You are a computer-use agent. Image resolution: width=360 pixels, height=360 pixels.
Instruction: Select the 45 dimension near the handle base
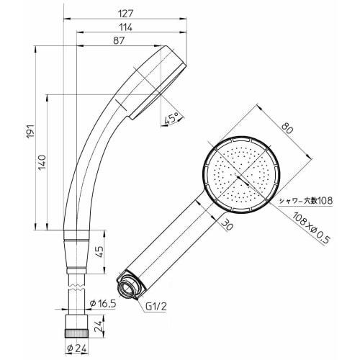pos(99,253)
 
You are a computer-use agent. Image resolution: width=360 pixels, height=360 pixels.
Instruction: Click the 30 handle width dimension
pos(227,225)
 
